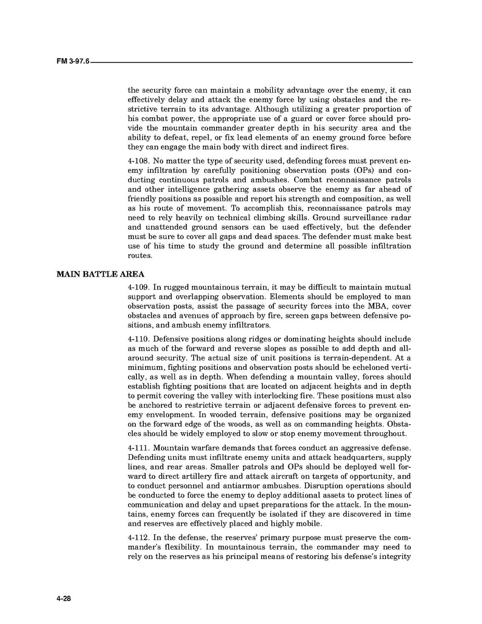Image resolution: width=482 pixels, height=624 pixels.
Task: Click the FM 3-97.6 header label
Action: pyautogui.click(x=73, y=61)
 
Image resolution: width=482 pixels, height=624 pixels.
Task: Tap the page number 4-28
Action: pyautogui.click(x=64, y=599)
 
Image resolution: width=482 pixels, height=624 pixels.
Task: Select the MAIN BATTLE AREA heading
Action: pyautogui.click(x=100, y=274)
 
